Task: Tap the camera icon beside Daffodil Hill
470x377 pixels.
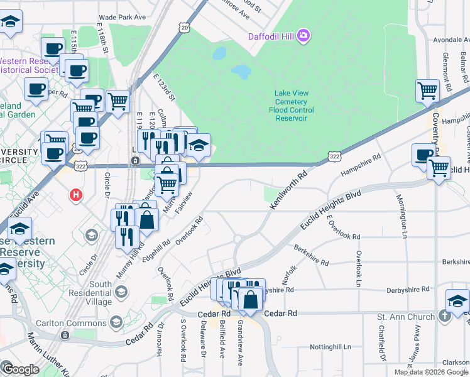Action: (x=304, y=35)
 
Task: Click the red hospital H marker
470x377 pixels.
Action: (x=77, y=195)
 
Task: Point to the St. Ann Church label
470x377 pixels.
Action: (x=405, y=317)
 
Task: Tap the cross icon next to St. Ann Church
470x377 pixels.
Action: (x=445, y=316)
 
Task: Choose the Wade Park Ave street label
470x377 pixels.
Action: (x=123, y=18)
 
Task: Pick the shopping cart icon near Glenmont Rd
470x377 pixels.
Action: (x=428, y=90)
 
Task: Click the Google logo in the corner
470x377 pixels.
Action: (x=20, y=369)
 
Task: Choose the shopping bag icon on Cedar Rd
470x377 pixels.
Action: (x=250, y=301)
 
